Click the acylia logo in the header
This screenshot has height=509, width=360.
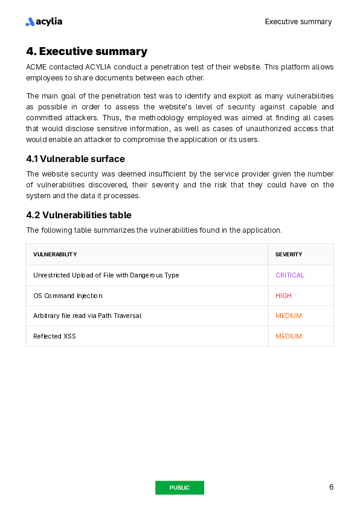tap(44, 22)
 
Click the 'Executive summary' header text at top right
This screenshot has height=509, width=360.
tap(298, 22)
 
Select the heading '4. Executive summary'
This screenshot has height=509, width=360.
tap(86, 51)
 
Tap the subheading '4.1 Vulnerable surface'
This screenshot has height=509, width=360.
tap(76, 159)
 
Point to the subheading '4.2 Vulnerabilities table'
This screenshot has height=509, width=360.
tap(79, 215)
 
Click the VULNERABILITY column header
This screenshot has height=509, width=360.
tap(55, 254)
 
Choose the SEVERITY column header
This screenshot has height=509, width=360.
tap(289, 254)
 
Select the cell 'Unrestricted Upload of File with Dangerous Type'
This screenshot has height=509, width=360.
tap(106, 275)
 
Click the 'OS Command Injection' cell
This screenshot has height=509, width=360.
tap(68, 296)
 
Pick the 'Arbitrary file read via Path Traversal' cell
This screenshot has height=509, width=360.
tap(87, 316)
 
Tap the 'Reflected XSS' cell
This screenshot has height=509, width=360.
tap(54, 336)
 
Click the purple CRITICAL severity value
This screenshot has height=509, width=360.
tap(290, 275)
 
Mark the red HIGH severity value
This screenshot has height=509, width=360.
tap(283, 296)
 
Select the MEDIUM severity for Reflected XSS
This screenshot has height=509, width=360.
tap(289, 336)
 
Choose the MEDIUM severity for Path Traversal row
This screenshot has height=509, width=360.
tap(289, 316)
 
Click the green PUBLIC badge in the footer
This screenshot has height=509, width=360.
tap(179, 488)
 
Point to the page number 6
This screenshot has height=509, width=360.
tap(331, 487)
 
